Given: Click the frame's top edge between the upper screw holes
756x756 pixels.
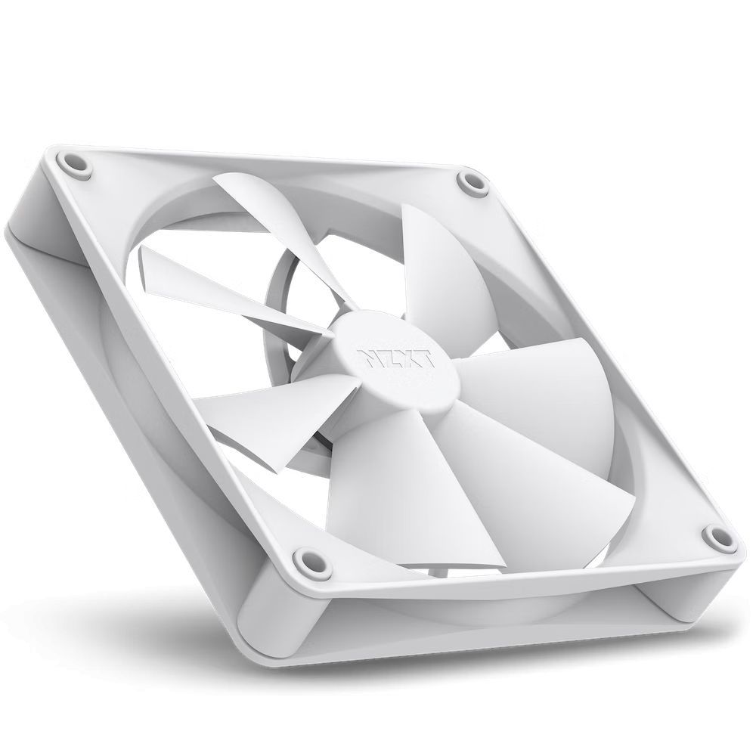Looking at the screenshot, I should (272, 163).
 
